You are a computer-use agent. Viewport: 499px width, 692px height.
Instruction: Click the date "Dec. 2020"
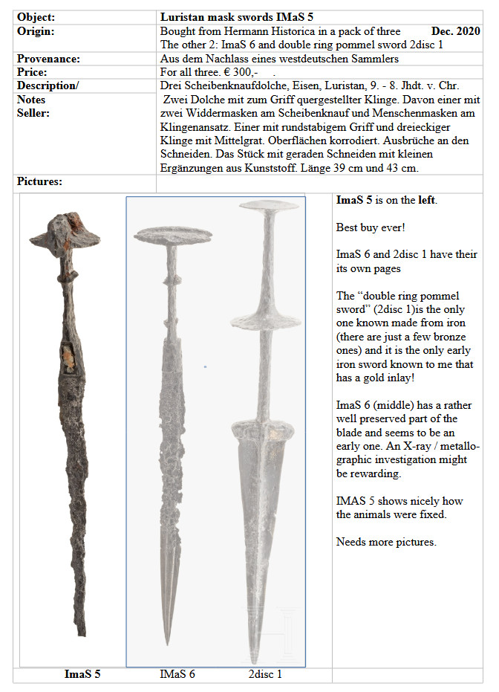pyautogui.click(x=455, y=31)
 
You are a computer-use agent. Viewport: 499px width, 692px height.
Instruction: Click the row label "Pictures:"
pyautogui.click(x=39, y=181)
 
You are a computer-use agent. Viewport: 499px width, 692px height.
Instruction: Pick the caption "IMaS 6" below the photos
pyautogui.click(x=177, y=674)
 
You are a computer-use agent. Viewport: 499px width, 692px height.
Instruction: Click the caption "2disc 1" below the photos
pyautogui.click(x=265, y=674)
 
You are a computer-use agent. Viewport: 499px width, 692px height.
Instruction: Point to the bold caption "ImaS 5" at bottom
pyautogui.click(x=82, y=674)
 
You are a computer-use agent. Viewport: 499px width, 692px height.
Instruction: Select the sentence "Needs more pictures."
pyautogui.click(x=386, y=541)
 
